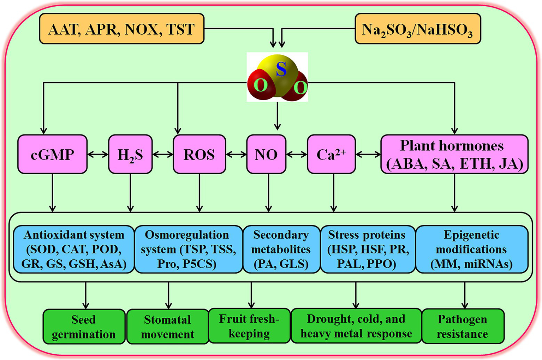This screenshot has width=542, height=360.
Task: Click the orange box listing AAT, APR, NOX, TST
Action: [x=121, y=29]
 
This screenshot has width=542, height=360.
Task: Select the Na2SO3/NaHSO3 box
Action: [x=417, y=29]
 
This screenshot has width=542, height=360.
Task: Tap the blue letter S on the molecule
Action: [x=281, y=69]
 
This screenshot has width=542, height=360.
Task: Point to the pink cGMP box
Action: [x=52, y=154]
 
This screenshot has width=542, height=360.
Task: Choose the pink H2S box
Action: [x=130, y=154]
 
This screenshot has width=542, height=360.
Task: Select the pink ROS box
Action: [x=199, y=154]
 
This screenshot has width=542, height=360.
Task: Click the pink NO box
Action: [x=266, y=154]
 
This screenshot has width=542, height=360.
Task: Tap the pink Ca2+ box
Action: [x=331, y=154]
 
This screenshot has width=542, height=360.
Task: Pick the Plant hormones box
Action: [x=454, y=154]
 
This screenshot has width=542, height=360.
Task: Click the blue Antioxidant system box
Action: [x=74, y=249]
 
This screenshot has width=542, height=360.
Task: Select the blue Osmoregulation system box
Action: [x=188, y=249]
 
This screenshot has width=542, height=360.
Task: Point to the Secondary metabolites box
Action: [x=281, y=249]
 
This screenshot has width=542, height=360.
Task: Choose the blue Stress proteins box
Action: [x=367, y=249]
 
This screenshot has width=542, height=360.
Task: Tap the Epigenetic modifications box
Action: [x=471, y=249]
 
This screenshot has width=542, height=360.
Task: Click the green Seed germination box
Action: [x=84, y=326]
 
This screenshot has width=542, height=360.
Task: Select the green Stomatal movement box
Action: [x=168, y=326]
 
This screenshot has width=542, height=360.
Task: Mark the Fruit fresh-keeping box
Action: [x=249, y=326]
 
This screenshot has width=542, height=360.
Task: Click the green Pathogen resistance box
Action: [x=463, y=326]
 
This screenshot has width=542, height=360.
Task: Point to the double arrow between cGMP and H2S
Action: [x=98, y=154]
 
